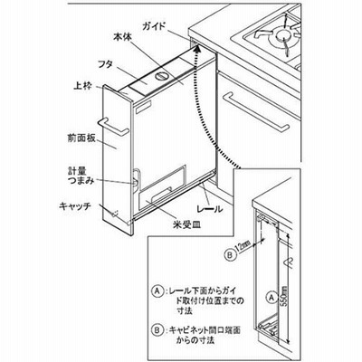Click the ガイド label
tap(153, 26)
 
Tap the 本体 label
tap(122, 38)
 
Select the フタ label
tap(106, 64)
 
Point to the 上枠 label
tap(82, 87)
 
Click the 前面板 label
tap(81, 138)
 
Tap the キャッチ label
tap(75, 207)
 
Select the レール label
tap(210, 208)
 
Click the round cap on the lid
tap(161, 76)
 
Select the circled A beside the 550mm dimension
tap(271, 298)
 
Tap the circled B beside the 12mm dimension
tap(230, 255)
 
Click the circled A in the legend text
tap(157, 291)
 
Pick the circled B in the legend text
tap(157, 330)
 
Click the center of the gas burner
tap(283, 35)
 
